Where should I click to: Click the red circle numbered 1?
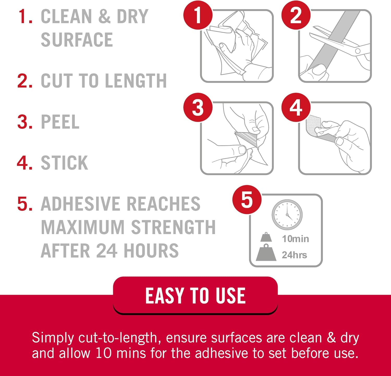point(198,15)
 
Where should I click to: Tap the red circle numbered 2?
point(296,15)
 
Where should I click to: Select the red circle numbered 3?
point(198,107)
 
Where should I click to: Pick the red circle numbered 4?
point(296,107)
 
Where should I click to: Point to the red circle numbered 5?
point(247,200)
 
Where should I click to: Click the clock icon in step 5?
point(287,215)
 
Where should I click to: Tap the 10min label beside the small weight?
point(295,239)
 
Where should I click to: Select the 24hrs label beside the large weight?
point(294,255)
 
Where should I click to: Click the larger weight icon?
point(266,253)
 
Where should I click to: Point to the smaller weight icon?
point(266,237)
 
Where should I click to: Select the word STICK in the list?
point(64,163)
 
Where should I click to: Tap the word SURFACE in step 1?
point(77,40)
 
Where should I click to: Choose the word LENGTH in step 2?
point(136,81)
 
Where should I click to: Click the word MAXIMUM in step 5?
point(83,227)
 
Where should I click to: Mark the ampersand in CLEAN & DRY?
point(105,16)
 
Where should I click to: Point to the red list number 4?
point(25,163)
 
